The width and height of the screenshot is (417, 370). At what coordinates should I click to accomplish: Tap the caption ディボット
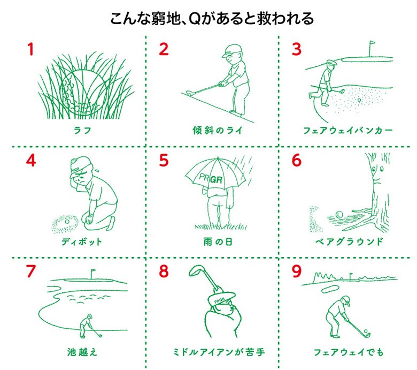click(81, 241)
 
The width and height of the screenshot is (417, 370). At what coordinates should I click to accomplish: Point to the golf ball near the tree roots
click(339, 215)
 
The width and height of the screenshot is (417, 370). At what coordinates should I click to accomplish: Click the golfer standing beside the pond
click(86, 325)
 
